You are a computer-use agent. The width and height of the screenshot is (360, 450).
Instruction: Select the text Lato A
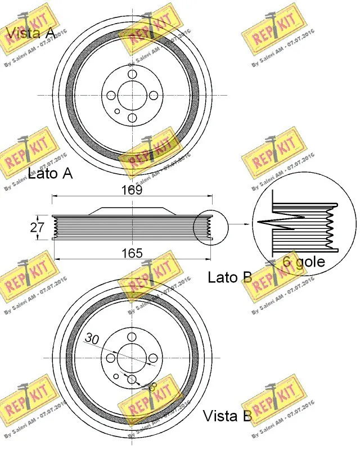point(51,173)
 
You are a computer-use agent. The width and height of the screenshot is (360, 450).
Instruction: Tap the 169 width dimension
point(132,190)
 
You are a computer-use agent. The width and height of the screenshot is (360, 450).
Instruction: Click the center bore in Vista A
point(132,96)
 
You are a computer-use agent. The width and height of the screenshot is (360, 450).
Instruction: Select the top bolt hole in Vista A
point(132,74)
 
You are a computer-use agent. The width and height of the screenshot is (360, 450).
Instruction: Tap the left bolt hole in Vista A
point(110,96)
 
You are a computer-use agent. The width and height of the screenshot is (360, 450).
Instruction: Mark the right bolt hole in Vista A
point(153,96)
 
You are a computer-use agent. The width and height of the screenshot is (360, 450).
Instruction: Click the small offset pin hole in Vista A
point(117,111)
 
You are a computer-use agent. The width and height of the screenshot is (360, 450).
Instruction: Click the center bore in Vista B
point(132,358)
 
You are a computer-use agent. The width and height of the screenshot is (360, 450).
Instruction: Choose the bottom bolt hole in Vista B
point(132,380)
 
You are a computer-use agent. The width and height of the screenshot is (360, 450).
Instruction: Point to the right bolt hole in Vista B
point(153,358)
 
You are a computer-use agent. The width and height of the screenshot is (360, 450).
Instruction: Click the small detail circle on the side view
point(210,228)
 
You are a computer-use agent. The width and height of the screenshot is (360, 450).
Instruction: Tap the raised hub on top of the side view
point(132,210)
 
